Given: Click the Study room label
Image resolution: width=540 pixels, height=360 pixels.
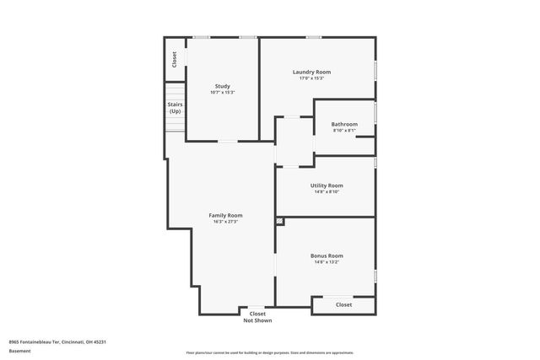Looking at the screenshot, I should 223,85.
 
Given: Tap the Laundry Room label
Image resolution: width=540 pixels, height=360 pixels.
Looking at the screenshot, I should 311,72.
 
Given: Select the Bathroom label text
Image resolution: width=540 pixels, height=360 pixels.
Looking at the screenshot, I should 344,124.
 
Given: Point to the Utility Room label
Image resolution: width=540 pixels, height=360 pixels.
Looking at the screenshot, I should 327,185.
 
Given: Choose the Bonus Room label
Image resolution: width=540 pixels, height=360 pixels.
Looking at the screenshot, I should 327,255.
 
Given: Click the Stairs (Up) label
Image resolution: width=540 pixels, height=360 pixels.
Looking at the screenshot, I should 175,108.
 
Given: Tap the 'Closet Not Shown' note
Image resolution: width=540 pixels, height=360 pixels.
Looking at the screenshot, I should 257,317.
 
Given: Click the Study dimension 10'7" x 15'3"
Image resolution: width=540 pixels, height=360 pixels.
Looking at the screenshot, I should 223,92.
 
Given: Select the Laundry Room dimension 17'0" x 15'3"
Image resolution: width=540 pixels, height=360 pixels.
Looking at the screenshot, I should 311,78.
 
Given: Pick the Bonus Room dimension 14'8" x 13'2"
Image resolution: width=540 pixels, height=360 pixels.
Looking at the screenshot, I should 327,262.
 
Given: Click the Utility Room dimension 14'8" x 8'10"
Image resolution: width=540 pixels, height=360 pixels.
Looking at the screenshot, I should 327,191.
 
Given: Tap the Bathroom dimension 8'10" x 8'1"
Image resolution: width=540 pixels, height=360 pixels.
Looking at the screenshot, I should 344,131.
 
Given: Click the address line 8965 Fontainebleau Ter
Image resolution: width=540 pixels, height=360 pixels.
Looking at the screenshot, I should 57,341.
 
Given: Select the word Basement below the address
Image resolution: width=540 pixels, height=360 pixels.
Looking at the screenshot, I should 19,351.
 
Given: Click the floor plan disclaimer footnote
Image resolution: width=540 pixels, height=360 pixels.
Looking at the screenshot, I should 269,352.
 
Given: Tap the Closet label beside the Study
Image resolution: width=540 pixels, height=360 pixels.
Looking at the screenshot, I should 175,59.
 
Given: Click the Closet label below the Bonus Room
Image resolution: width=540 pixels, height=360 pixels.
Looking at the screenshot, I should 343,304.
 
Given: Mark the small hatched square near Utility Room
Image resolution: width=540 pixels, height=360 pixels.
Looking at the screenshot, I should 280,221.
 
